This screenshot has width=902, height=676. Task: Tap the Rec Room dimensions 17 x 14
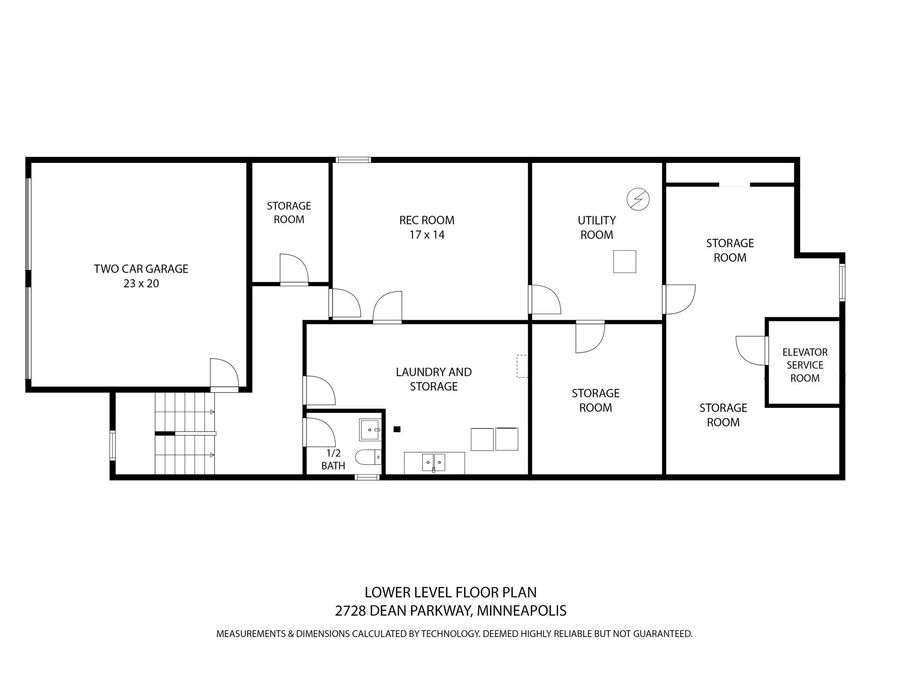(427, 235)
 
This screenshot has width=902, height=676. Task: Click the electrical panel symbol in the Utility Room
(638, 199)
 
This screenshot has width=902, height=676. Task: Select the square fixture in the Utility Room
(624, 262)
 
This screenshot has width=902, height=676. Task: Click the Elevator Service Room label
(805, 365)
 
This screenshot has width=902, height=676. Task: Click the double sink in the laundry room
(434, 463)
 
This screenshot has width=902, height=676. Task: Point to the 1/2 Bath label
(333, 459)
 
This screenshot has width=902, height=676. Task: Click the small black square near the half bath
(396, 429)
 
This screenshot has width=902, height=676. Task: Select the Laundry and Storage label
(434, 379)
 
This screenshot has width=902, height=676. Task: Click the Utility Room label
(597, 227)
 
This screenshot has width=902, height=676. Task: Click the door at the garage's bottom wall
(224, 375)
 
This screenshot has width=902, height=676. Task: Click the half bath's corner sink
(370, 429)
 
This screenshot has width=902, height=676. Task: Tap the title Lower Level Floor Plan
(451, 592)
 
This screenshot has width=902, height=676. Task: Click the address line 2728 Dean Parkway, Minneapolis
(451, 611)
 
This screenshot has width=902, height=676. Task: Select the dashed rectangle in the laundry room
(522, 366)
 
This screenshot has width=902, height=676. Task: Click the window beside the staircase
(113, 445)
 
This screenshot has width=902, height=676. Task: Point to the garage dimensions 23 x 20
(141, 284)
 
